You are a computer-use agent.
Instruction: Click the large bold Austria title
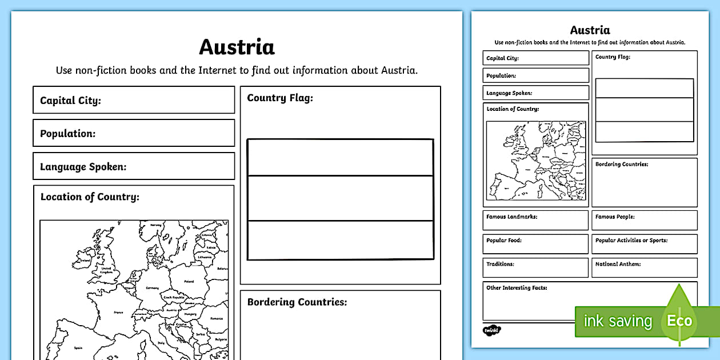pos(237,47)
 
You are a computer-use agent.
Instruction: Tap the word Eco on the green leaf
pos(679,321)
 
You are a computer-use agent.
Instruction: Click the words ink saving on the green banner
pos(618,321)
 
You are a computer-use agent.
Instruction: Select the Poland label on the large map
pos(189,281)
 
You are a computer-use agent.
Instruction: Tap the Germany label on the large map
pos(152,288)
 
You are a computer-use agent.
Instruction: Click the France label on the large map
pos(118,313)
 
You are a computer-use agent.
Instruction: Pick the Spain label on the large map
pos(78,347)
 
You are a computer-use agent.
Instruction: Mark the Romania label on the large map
pos(216,318)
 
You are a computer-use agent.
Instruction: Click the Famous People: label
pos(615,217)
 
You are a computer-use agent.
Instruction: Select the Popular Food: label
pos(504,241)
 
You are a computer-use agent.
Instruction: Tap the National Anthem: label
pos(618,265)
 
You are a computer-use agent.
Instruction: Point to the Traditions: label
pos(500,265)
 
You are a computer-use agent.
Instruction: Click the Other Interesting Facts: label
pos(517,288)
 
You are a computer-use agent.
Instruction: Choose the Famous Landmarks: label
pos(511,217)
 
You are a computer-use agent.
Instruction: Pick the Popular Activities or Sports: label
pos(631,241)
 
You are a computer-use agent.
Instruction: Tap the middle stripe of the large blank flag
pos(340,198)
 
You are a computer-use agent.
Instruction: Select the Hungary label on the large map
pos(190,314)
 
